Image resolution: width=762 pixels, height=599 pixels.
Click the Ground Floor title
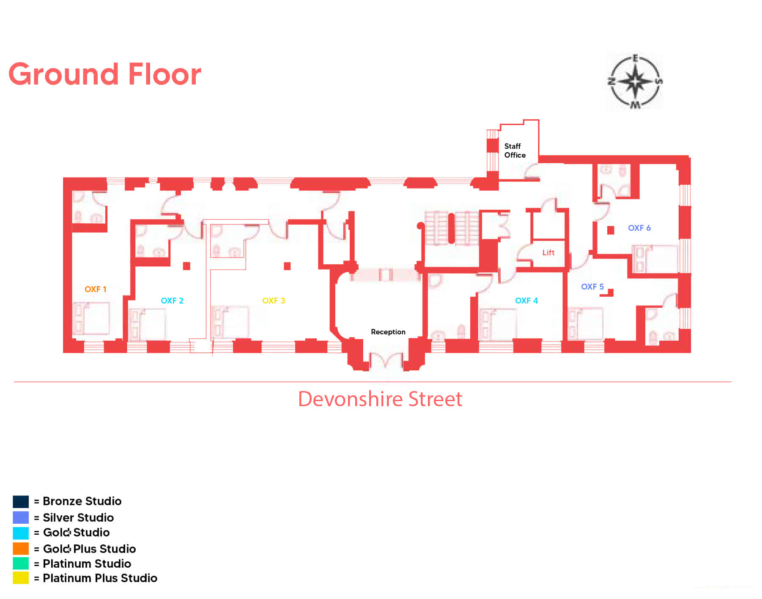click(x=105, y=74)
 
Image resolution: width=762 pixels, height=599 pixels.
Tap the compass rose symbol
click(x=635, y=81)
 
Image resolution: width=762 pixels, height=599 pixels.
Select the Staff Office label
click(x=515, y=150)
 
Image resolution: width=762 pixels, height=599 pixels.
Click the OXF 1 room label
click(x=96, y=289)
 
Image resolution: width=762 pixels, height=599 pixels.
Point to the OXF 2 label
click(x=172, y=301)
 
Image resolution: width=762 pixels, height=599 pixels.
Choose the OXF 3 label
click(x=274, y=301)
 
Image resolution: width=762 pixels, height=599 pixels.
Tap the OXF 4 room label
click(x=526, y=301)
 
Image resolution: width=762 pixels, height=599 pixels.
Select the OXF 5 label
click(x=592, y=287)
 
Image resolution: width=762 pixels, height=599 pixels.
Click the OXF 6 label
click(x=639, y=228)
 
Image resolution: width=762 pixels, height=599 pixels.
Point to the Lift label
click(x=548, y=252)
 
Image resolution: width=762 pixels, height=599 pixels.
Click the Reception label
click(x=388, y=332)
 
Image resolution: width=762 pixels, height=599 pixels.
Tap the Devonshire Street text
click(x=380, y=399)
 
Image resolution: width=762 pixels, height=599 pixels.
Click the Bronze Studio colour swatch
click(x=21, y=502)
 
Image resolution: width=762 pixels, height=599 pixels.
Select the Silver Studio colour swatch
click(x=21, y=517)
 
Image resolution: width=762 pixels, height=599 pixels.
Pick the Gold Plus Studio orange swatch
click(x=21, y=549)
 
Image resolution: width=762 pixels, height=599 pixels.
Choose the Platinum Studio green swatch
click(x=21, y=563)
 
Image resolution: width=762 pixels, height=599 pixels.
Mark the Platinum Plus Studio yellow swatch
click(x=21, y=578)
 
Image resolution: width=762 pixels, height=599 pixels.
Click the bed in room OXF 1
click(x=91, y=318)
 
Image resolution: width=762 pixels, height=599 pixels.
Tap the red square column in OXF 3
click(x=287, y=266)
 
